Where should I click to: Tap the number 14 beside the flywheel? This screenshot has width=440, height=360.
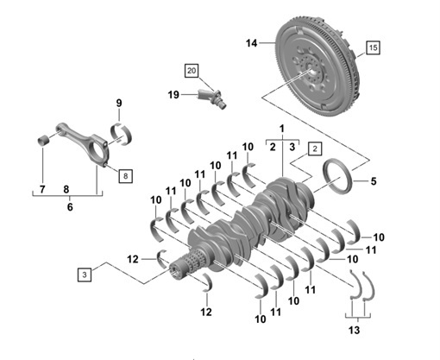(x=251, y=42)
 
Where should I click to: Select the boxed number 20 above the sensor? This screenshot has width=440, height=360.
(x=191, y=70)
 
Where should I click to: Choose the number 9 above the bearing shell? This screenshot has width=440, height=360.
(x=119, y=104)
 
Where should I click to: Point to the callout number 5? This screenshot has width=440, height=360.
(x=374, y=181)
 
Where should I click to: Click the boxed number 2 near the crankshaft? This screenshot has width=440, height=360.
(x=315, y=148)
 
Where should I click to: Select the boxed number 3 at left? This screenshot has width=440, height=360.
(x=84, y=275)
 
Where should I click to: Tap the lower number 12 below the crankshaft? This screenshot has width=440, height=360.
(x=205, y=310)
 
